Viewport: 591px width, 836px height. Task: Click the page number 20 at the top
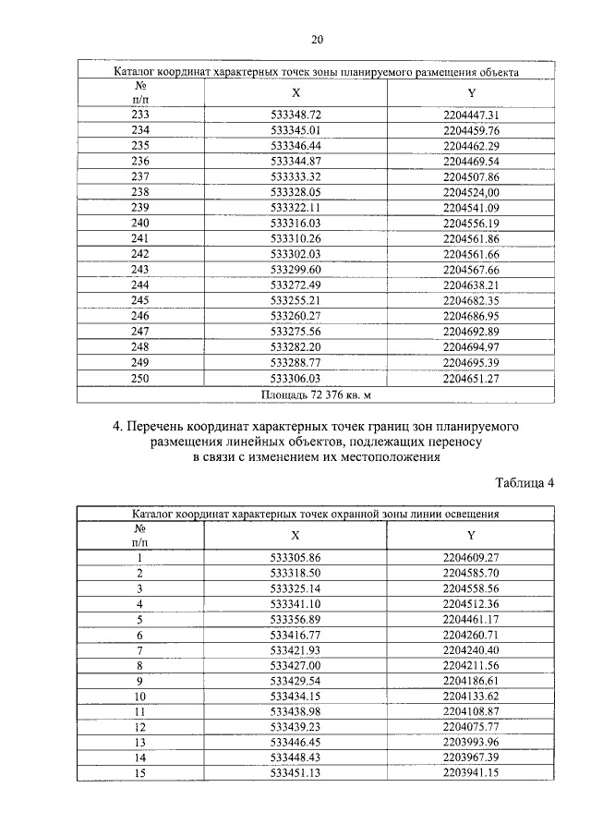[317, 39]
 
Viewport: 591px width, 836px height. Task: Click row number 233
[140, 115]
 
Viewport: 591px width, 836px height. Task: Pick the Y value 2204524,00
[471, 191]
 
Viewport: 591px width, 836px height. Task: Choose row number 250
[140, 378]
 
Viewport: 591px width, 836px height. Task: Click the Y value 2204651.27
[471, 378]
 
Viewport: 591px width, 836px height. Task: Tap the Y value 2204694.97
[471, 346]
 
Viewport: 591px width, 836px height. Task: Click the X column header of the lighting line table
[295, 536]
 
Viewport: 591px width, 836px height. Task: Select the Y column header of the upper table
[471, 92]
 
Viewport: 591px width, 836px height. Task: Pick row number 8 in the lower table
[140, 664]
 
